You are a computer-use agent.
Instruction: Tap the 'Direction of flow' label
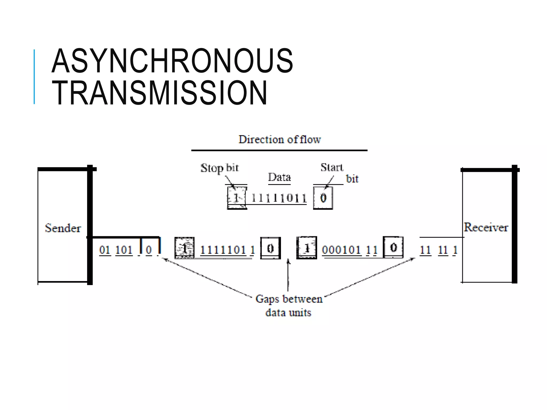tap(279, 139)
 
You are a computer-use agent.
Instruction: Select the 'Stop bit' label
tap(219, 168)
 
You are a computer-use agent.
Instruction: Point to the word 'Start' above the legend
tap(331, 167)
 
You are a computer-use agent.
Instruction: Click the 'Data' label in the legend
tap(279, 177)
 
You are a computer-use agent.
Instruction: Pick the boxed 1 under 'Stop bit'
tap(237, 198)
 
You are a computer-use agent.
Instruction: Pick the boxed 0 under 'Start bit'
tap(323, 198)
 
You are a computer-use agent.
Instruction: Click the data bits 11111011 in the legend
tap(279, 198)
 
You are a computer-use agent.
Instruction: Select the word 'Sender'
tap(63, 228)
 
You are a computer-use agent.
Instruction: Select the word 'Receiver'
tap(486, 227)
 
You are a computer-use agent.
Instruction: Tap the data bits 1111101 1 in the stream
tap(227, 250)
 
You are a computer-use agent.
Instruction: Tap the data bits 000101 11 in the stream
tap(349, 250)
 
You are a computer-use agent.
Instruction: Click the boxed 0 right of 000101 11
tap(393, 247)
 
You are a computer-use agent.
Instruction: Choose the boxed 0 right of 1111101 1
tap(270, 248)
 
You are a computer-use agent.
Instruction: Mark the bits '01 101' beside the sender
tap(116, 250)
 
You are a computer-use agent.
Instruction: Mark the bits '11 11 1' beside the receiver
tap(438, 250)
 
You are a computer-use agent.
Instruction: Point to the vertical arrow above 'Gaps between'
tap(288, 275)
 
